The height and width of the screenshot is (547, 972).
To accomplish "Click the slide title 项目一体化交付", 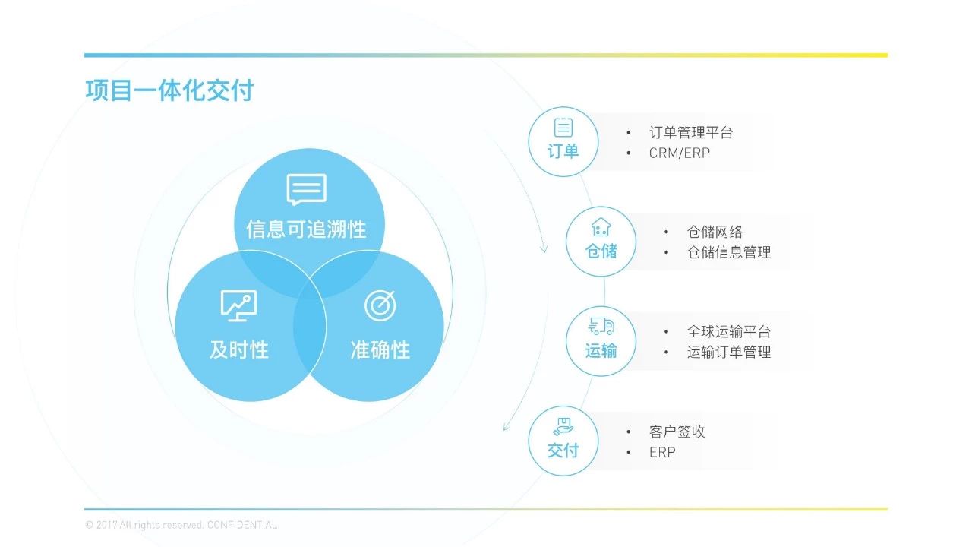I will pyautogui.click(x=169, y=90).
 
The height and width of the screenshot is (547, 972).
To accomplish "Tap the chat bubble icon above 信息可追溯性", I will pyautogui.click(x=306, y=189).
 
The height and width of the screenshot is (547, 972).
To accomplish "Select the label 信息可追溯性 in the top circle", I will pyautogui.click(x=306, y=229).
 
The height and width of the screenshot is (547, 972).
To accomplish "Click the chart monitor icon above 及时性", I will pyautogui.click(x=238, y=305).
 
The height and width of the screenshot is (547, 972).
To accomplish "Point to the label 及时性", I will pyautogui.click(x=238, y=349).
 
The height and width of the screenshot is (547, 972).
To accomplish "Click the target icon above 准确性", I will pyautogui.click(x=380, y=305).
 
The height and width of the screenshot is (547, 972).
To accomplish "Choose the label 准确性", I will pyautogui.click(x=380, y=349).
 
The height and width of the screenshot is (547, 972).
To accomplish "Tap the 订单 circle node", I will pyautogui.click(x=563, y=142).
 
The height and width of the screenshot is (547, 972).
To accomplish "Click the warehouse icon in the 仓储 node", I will pyautogui.click(x=601, y=227).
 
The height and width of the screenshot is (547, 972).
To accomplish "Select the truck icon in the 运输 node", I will pyautogui.click(x=601, y=327).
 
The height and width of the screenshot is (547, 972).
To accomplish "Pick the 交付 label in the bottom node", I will pyautogui.click(x=563, y=451).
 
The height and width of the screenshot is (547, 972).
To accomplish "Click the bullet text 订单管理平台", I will pyautogui.click(x=690, y=133).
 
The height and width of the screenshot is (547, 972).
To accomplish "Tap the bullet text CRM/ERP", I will pyautogui.click(x=679, y=153).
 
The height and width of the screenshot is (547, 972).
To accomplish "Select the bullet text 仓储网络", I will pyautogui.click(x=715, y=232).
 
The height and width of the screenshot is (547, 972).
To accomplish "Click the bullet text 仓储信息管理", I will pyautogui.click(x=728, y=252).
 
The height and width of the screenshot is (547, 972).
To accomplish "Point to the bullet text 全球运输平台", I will pyautogui.click(x=728, y=332).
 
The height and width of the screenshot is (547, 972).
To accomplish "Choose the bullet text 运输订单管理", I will pyautogui.click(x=728, y=352).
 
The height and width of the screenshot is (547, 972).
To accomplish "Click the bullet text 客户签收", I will pyautogui.click(x=677, y=432).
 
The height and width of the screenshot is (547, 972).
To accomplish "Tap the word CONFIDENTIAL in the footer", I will pyautogui.click(x=242, y=525).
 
